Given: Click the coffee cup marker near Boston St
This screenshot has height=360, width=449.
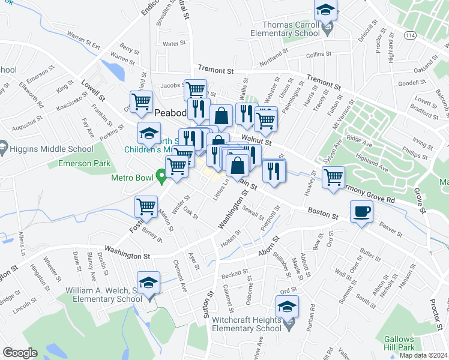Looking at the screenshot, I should tap(361, 211).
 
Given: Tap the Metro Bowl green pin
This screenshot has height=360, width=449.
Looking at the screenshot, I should tap(161, 176).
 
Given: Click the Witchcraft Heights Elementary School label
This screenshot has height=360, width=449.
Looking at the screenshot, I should tap(246, 325).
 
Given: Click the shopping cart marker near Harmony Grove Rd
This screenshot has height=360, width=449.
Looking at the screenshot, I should tap(333, 177).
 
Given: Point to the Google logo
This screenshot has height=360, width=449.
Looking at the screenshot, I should tap(20, 353).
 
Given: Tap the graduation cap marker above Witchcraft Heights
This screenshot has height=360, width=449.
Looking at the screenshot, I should tap(288, 307).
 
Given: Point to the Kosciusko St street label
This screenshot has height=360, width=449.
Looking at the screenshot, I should tap(64, 97).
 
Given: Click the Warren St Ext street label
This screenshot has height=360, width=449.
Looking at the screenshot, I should tap(83, 42).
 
